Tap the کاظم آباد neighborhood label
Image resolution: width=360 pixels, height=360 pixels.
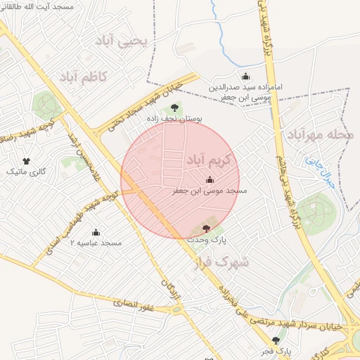click(x=82, y=75)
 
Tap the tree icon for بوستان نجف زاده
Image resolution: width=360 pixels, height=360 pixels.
click(x=174, y=108)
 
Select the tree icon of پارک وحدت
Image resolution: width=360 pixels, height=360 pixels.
click(x=206, y=229)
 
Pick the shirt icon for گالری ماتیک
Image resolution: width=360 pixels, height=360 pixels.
click(x=27, y=162)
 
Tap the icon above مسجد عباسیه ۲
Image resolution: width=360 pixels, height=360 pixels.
click(x=96, y=232)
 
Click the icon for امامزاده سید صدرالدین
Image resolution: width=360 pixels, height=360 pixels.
click(x=245, y=77)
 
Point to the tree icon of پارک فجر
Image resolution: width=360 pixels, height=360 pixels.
click(x=284, y=340)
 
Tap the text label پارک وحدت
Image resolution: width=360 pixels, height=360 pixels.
click(x=206, y=240)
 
